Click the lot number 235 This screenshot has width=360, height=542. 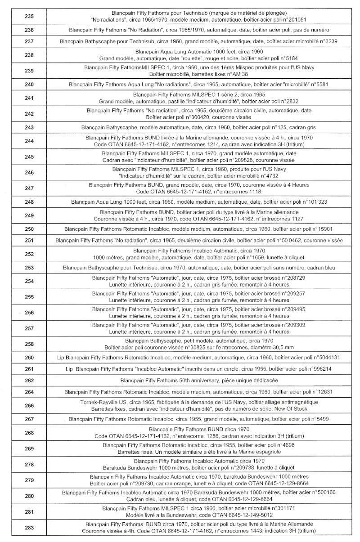30,16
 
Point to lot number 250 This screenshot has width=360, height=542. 30,229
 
